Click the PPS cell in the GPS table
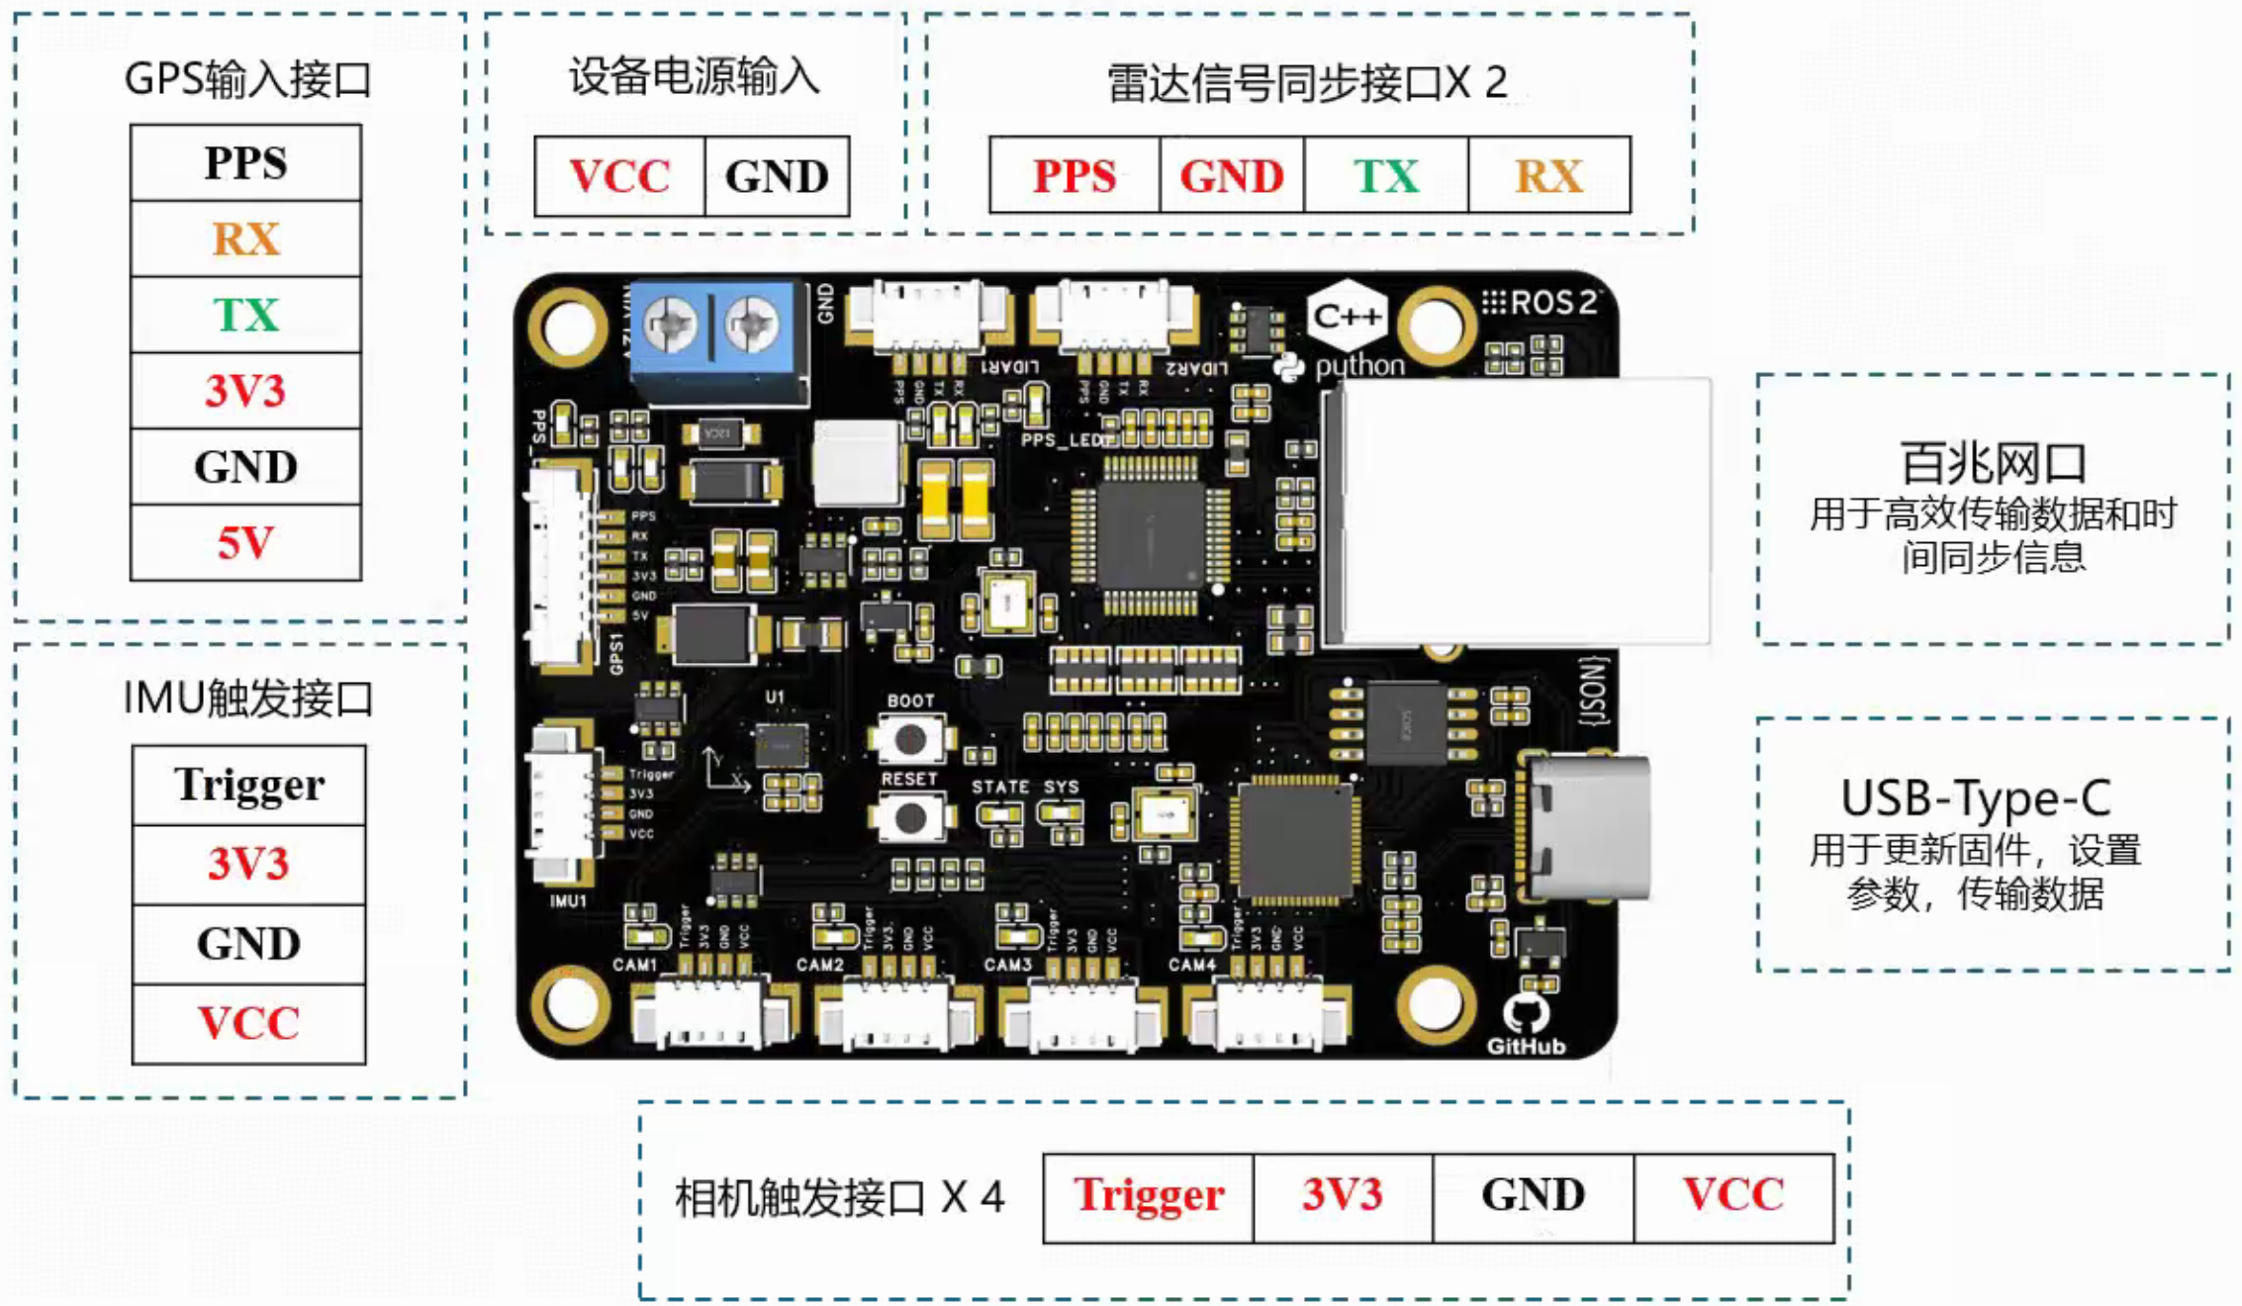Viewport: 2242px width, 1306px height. [x=245, y=163]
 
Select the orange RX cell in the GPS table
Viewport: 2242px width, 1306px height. [x=245, y=239]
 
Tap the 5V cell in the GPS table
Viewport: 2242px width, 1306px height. [x=245, y=543]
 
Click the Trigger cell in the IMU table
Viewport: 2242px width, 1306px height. [x=249, y=786]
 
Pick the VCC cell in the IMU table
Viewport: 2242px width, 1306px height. [x=249, y=1023]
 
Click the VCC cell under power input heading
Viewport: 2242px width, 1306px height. [x=619, y=176]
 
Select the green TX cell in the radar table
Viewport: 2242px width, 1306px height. [x=1386, y=176]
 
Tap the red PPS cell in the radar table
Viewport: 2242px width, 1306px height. [x=1074, y=176]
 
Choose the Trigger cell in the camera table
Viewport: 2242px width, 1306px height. [x=1149, y=1195]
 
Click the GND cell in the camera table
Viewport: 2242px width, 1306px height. [x=1533, y=1195]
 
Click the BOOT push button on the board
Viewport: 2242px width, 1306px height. [x=910, y=738]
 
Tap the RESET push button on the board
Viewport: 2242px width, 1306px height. [x=910, y=818]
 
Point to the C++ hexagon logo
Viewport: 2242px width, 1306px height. [x=1347, y=316]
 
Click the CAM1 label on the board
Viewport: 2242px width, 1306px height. [x=635, y=964]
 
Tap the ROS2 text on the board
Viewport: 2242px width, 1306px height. [x=1551, y=303]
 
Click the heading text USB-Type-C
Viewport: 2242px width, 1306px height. [x=1975, y=797]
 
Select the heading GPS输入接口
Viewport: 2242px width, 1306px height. [x=247, y=79]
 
